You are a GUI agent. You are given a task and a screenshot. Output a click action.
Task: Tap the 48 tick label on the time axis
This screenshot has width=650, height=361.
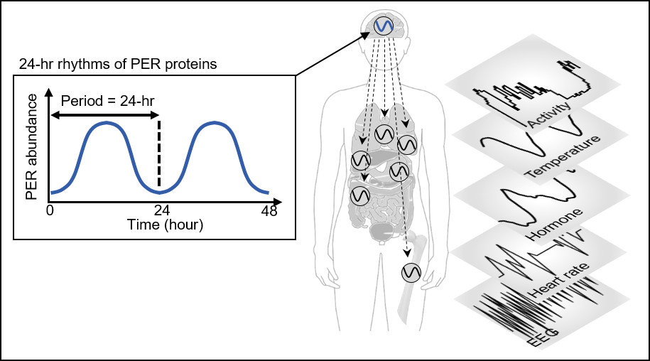269,210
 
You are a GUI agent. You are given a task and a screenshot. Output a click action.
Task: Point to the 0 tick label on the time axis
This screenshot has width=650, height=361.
50,210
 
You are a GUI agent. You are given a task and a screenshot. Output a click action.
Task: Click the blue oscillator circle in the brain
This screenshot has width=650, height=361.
384,26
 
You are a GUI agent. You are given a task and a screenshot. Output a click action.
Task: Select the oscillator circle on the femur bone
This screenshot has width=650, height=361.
411,272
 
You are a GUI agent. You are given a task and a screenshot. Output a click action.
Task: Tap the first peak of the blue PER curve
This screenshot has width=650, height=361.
105,123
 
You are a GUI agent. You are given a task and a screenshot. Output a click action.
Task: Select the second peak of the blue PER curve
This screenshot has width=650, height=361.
213,123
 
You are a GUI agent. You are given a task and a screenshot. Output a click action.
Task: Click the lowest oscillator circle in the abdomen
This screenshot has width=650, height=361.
360,194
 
